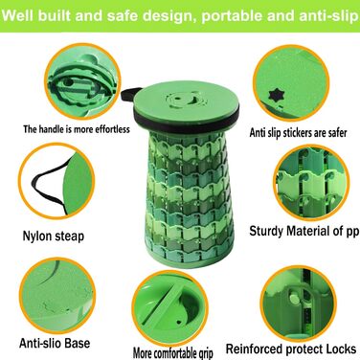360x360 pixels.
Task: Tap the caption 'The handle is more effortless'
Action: click(x=77, y=129)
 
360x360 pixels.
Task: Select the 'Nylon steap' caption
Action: click(x=54, y=236)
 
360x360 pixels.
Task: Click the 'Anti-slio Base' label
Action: click(x=55, y=344)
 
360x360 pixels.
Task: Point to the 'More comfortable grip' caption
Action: click(x=173, y=353)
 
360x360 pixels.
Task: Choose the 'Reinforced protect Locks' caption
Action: click(x=291, y=349)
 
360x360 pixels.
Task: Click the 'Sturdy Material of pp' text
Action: click(x=304, y=231)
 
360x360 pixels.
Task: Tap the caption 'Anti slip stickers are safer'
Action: click(x=298, y=133)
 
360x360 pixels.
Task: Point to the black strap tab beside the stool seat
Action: click(x=129, y=93)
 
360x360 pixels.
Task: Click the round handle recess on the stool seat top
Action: click(x=186, y=100)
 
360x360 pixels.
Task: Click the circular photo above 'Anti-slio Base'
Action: click(x=57, y=296)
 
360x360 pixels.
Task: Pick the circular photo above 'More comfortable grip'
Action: click(x=170, y=307)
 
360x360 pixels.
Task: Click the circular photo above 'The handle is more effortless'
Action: click(x=82, y=81)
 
